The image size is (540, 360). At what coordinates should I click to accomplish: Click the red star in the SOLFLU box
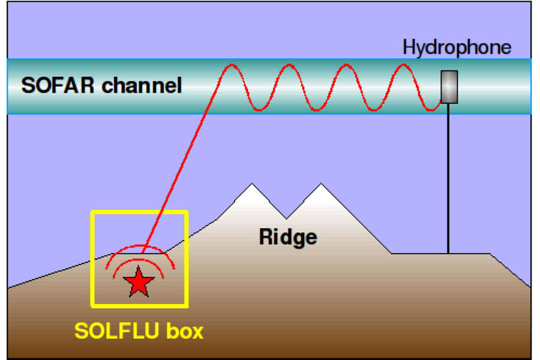pos(139,283)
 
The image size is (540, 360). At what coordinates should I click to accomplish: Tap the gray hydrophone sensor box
pos(449,87)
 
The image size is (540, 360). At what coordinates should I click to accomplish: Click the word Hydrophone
pos(457,47)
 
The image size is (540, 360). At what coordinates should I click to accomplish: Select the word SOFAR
pos(58,85)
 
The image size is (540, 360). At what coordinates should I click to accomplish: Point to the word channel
pos(142,85)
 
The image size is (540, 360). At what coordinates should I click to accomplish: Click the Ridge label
pos(288,238)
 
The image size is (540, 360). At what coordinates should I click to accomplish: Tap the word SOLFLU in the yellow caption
pos(116,331)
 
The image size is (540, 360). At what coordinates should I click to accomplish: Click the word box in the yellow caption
pos(185,331)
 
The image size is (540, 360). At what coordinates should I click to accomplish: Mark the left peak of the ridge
pos(252,184)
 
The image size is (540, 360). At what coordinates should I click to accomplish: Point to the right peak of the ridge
pos(321,184)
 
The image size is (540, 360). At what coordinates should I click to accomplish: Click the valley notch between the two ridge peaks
pos(286,218)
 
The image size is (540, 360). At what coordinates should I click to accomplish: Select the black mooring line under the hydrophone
pos(448,178)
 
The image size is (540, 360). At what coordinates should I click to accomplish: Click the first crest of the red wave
pos(232,64)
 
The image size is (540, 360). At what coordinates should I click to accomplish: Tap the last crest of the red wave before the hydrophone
pos(403,64)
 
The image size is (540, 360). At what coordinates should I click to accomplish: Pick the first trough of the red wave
pos(260,110)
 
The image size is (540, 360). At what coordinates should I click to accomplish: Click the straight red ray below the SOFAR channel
pos(179,181)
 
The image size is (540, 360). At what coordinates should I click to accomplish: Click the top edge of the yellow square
pos(139,212)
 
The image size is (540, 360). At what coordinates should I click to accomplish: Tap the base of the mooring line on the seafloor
pos(448,253)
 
